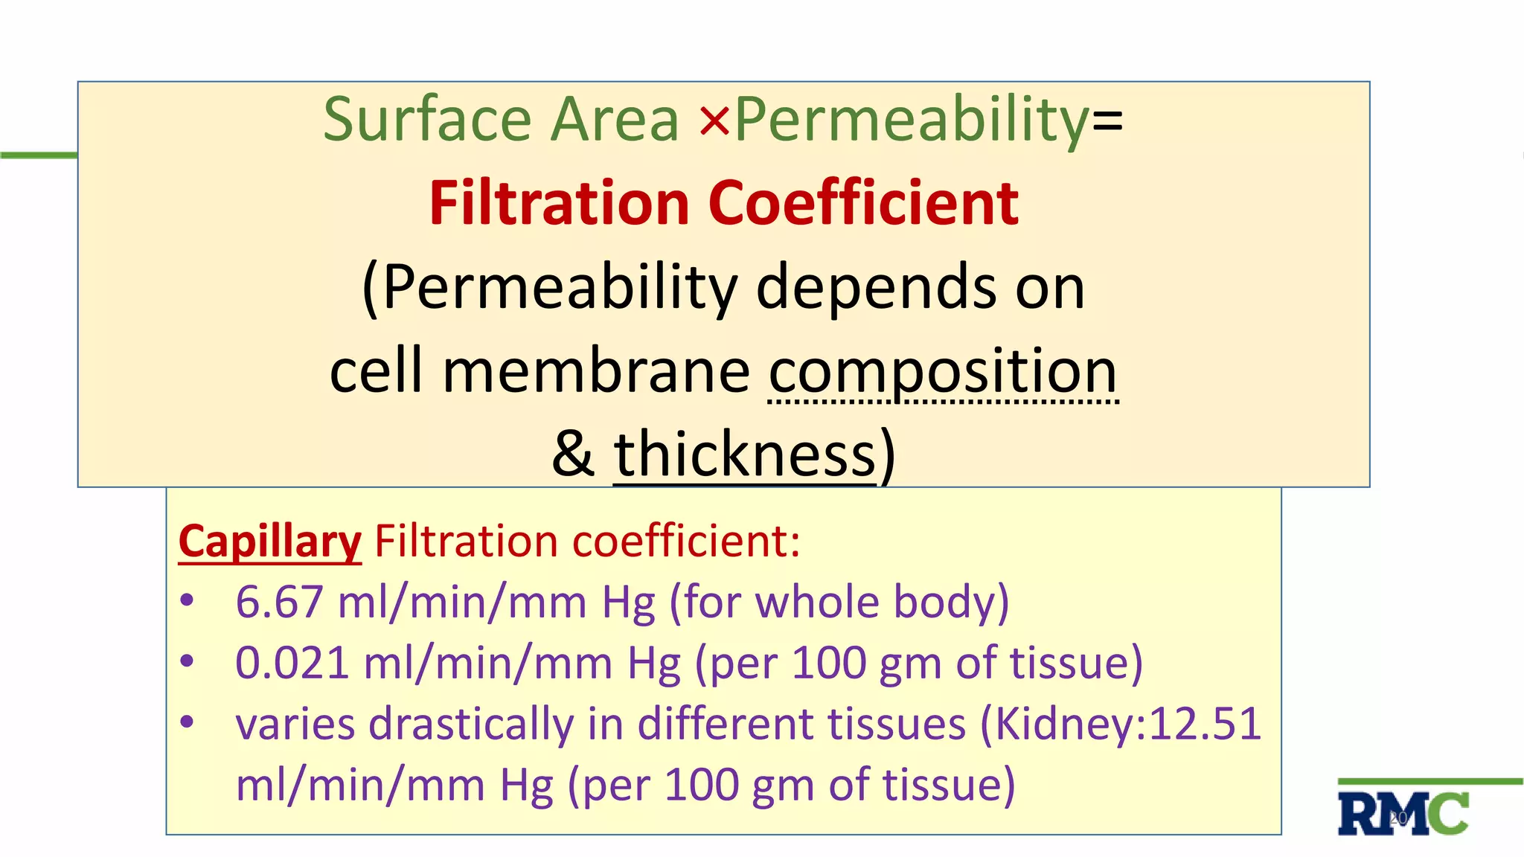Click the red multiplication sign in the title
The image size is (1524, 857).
(714, 121)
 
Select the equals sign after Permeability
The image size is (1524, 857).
(1107, 121)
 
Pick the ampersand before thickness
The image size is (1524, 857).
(573, 455)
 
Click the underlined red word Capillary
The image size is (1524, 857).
(270, 541)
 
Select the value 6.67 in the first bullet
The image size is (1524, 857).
(279, 602)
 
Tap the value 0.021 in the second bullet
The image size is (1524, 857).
(292, 663)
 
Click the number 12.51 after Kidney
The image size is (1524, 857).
(1205, 724)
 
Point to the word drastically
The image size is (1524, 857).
(471, 724)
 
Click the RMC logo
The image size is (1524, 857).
(1403, 814)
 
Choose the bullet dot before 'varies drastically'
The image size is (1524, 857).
(187, 721)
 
